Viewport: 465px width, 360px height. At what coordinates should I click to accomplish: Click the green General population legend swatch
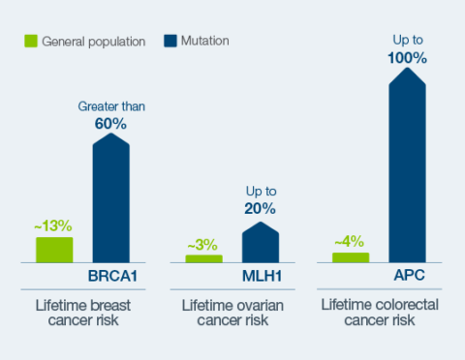tap(31, 42)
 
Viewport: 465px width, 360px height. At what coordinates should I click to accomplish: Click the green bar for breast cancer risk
tap(54, 250)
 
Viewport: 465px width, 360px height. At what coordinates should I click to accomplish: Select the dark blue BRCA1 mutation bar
tap(111, 199)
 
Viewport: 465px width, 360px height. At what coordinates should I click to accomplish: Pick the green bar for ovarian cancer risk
tap(203, 258)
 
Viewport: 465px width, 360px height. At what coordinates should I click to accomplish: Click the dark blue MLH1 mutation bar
tap(260, 243)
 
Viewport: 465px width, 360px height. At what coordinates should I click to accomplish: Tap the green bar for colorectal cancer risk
tap(351, 256)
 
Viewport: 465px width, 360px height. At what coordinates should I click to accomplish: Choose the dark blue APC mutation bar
tap(408, 169)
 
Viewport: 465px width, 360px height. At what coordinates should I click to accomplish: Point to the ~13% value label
tap(53, 225)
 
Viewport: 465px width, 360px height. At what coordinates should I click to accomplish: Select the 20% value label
tap(260, 208)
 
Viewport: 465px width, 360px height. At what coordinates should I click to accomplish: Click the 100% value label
tap(408, 57)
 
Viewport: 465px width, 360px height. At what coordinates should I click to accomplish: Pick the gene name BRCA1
tap(111, 277)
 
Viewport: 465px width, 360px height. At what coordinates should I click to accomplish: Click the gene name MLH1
tap(260, 277)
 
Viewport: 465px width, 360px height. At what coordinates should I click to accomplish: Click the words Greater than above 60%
tap(111, 104)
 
